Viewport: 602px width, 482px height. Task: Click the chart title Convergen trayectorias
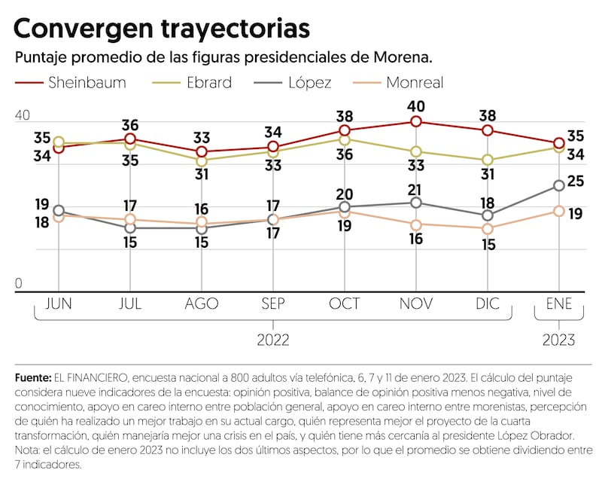[x=162, y=29]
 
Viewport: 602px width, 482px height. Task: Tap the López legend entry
[x=305, y=82]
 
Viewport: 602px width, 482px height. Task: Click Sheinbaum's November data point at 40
[x=416, y=122]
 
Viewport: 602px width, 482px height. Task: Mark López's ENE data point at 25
[x=559, y=185]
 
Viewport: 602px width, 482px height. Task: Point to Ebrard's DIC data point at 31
[x=488, y=160]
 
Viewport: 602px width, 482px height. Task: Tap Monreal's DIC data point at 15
[x=488, y=228]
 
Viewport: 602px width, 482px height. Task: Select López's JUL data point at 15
[x=130, y=227]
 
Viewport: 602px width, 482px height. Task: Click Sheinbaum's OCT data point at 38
[x=345, y=130]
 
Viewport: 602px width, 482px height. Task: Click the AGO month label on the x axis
[x=202, y=304]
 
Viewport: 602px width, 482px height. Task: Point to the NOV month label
[x=416, y=304]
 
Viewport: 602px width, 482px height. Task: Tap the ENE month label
[x=559, y=304]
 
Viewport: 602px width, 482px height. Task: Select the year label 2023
[x=559, y=340]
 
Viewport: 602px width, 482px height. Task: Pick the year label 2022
[x=273, y=340]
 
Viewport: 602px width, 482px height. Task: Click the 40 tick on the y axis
[x=23, y=115]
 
